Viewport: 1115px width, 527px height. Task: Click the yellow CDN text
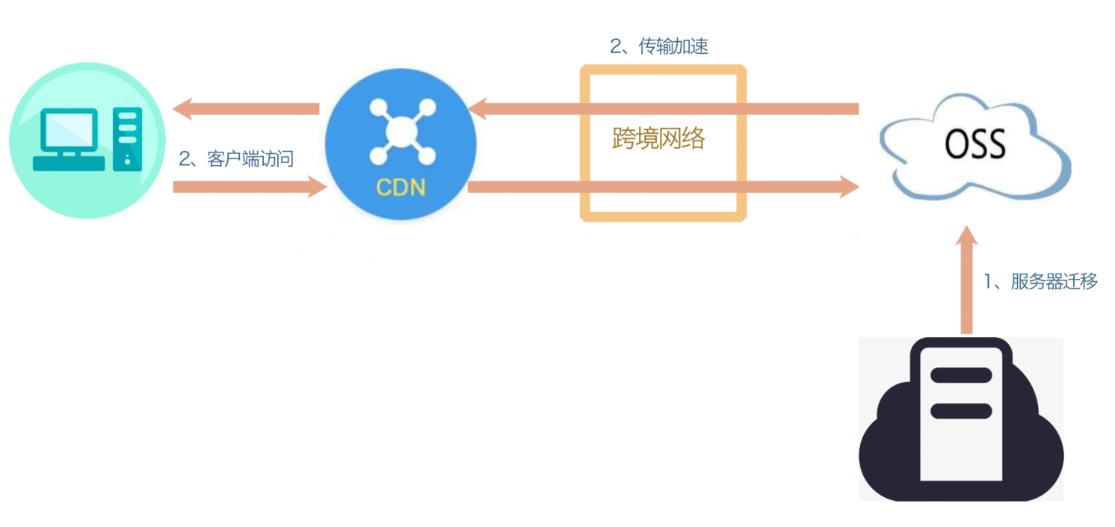click(x=401, y=186)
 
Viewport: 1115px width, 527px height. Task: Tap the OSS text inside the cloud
click(x=975, y=145)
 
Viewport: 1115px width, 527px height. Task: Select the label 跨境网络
click(x=658, y=138)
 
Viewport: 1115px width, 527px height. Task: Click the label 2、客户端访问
click(x=235, y=158)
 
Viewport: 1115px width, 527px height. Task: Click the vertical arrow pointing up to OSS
click(x=966, y=284)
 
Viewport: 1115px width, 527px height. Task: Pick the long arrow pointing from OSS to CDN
click(x=665, y=109)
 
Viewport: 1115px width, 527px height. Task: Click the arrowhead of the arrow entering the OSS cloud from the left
click(x=849, y=187)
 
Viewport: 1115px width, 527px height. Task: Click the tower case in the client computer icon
click(x=127, y=139)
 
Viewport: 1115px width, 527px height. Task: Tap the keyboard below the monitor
click(x=69, y=162)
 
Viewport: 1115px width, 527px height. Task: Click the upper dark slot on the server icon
click(x=960, y=375)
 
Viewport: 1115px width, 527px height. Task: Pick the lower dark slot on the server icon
click(x=960, y=410)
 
